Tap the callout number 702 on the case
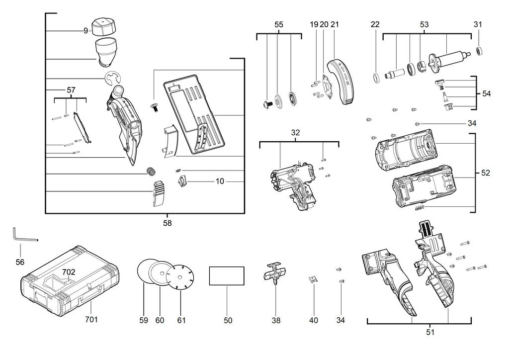click(x=68, y=272)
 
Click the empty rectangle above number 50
click(x=227, y=276)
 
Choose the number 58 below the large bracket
click(x=167, y=223)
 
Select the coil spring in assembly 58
click(x=151, y=172)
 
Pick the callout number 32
click(x=296, y=133)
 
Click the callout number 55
click(x=279, y=24)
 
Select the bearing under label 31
click(x=480, y=51)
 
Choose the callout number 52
click(x=486, y=173)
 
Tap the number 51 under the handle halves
click(x=430, y=332)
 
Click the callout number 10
click(x=220, y=181)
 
